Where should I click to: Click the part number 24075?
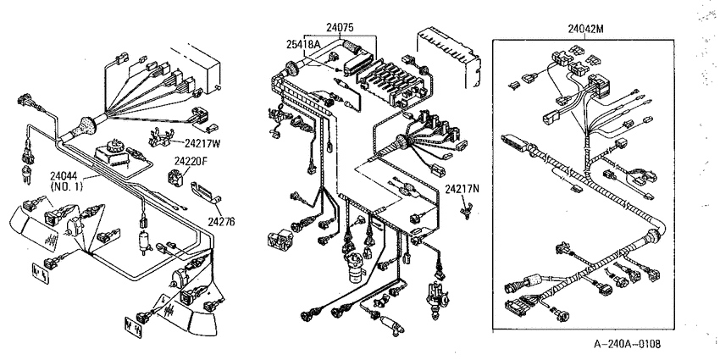tap(340, 28)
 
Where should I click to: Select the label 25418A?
tap(303, 44)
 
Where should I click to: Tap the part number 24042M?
tap(585, 30)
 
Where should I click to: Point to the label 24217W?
tap(202, 143)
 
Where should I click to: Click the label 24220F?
tap(190, 161)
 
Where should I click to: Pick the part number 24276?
tap(221, 222)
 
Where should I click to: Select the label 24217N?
tap(462, 189)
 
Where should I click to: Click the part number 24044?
tap(64, 176)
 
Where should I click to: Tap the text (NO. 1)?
tap(64, 186)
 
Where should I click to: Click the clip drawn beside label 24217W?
tap(161, 136)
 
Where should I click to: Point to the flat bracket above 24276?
tap(206, 191)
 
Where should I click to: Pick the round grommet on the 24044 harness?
tap(86, 126)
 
